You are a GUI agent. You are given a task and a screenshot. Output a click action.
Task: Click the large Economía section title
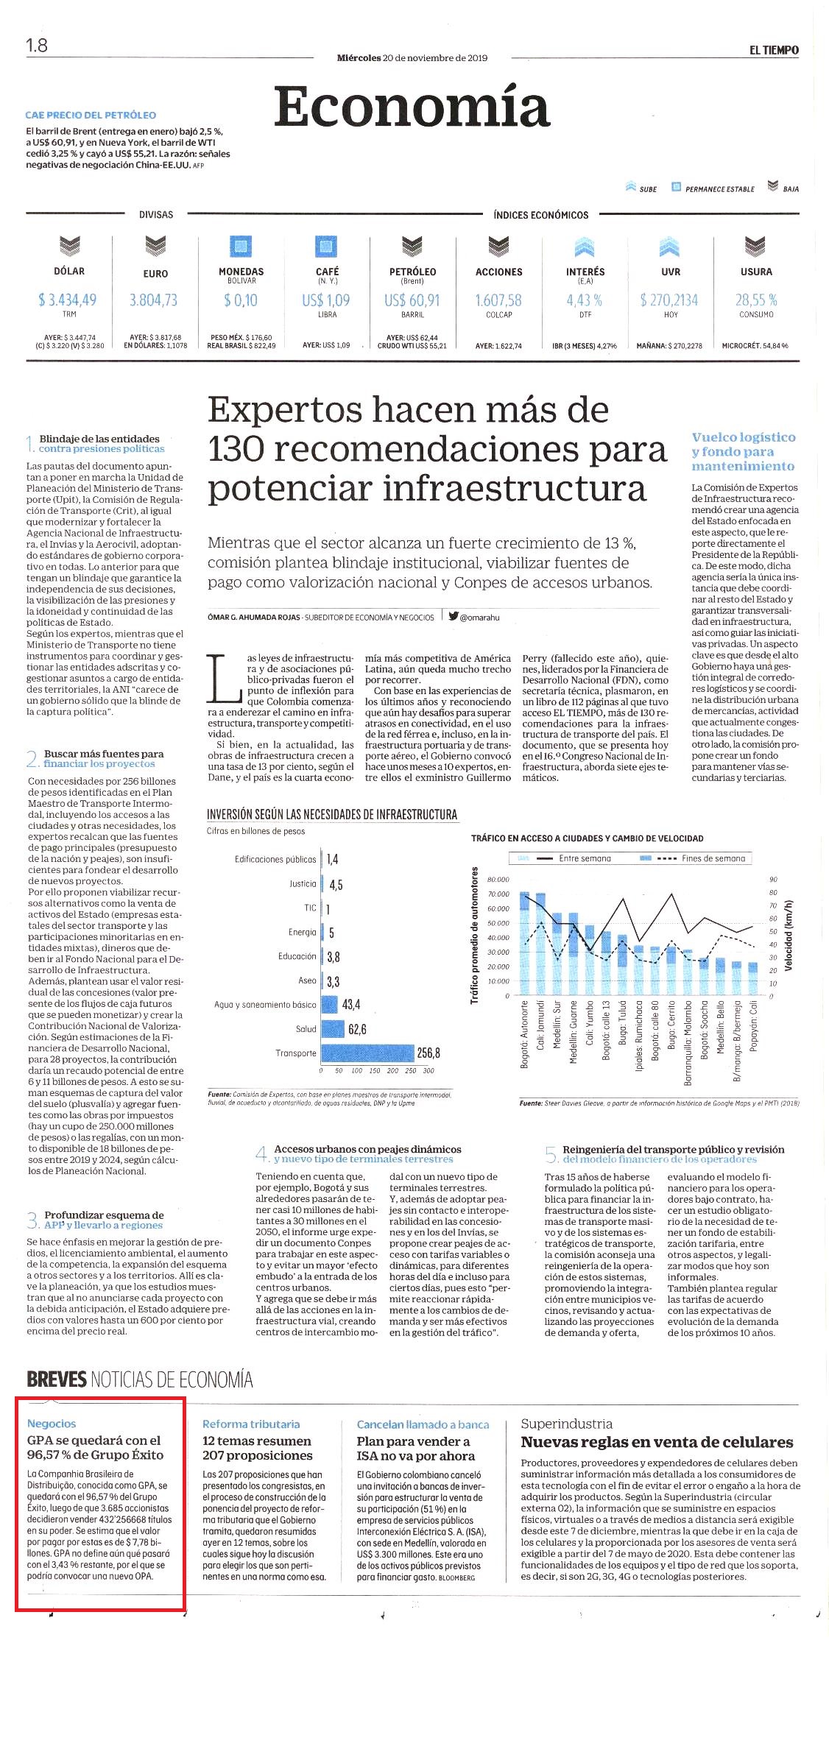[x=412, y=107]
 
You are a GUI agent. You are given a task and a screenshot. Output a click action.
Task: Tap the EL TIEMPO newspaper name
[x=774, y=50]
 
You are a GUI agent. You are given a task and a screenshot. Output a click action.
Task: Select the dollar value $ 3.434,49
[x=68, y=300]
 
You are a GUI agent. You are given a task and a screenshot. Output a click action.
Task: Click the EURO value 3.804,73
[x=154, y=300]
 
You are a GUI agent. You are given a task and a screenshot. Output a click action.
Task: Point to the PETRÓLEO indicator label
[x=412, y=272]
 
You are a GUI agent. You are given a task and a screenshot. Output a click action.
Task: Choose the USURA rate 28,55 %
[x=756, y=300]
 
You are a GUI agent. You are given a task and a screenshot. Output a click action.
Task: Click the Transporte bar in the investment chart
[x=367, y=1053]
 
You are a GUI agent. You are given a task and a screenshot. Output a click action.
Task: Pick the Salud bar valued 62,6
[x=333, y=1029]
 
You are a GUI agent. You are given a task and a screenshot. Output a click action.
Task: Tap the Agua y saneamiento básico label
[x=265, y=1005]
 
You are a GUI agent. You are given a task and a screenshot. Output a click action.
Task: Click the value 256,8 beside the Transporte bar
[x=428, y=1053]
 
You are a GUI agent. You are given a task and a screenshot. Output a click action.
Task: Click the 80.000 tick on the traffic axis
[x=498, y=880]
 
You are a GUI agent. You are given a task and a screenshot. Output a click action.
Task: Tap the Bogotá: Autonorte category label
[x=525, y=1034]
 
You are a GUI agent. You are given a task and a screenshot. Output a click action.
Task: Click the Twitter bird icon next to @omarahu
[x=454, y=617]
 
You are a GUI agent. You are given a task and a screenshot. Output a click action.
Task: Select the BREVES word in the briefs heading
[x=57, y=1379]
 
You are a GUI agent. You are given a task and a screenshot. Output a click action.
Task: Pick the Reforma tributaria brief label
[x=251, y=1424]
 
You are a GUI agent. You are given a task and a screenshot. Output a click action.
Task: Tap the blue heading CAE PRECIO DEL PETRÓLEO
[x=91, y=115]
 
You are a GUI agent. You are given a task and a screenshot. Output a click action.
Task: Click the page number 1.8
[x=37, y=46]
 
